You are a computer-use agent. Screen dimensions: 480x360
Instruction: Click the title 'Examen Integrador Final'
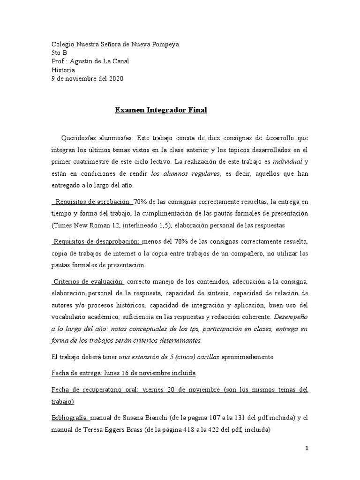tap(161, 111)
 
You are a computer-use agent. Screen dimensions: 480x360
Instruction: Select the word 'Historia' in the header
tap(63, 70)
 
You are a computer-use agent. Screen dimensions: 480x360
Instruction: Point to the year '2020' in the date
tap(115, 79)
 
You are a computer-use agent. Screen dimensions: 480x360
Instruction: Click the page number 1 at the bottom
tap(307, 448)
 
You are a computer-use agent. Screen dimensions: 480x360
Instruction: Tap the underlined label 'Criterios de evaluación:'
tap(89, 281)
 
